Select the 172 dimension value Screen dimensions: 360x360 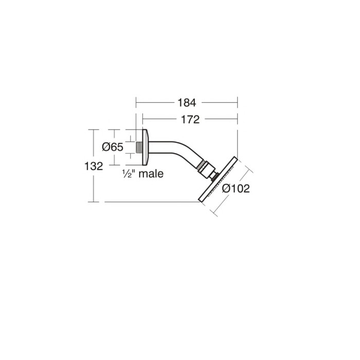point(190,119)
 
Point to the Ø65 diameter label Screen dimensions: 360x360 point(113,147)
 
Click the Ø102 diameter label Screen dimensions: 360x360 point(236,189)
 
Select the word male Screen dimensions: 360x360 point(150,174)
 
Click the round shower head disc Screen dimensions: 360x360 point(218,180)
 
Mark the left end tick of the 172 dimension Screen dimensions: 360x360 point(142,119)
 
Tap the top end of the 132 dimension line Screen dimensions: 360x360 point(94,130)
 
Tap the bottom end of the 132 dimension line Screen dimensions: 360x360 point(94,202)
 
